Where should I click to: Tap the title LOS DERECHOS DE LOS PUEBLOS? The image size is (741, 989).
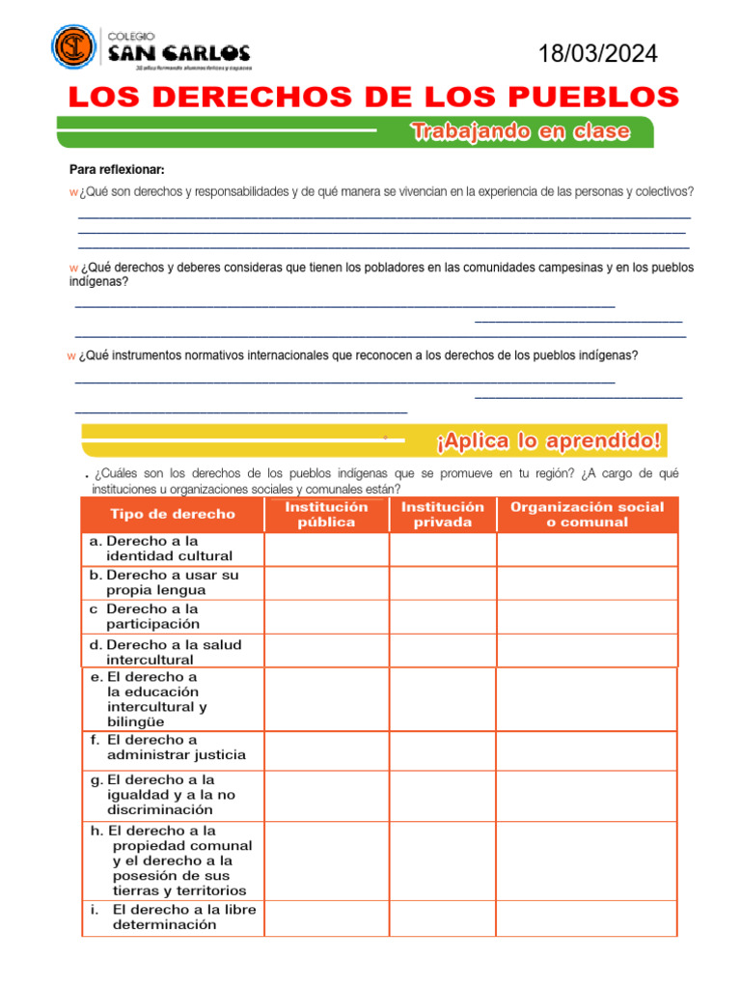click(x=372, y=98)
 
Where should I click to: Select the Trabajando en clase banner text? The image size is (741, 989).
click(x=521, y=132)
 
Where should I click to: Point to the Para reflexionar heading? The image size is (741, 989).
click(x=117, y=169)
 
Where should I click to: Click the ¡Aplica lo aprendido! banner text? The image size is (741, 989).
click(x=549, y=442)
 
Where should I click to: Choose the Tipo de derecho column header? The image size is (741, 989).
click(x=173, y=514)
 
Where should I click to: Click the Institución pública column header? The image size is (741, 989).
click(x=326, y=514)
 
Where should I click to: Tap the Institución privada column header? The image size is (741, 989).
click(x=443, y=514)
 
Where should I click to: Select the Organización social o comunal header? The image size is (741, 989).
click(x=587, y=514)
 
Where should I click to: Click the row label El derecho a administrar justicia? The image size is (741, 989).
click(x=176, y=748)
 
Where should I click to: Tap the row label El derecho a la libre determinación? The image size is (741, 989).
click(x=183, y=917)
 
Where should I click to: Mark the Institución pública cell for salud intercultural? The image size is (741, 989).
click(x=326, y=651)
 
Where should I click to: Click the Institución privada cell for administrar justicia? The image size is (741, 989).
click(x=443, y=749)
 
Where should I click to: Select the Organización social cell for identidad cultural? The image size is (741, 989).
click(x=587, y=549)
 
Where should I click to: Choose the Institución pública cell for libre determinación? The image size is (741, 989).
click(x=326, y=918)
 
